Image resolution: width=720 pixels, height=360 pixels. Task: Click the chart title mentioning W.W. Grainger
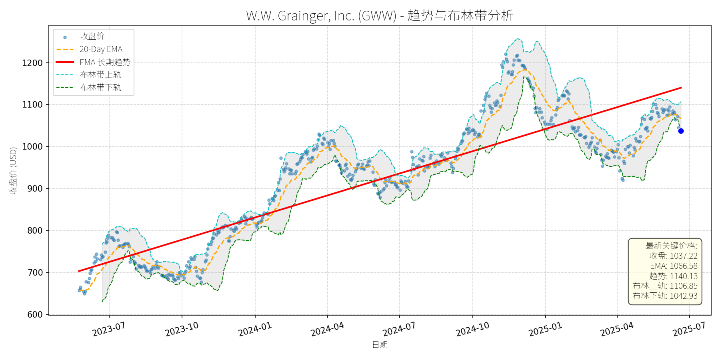(380, 16)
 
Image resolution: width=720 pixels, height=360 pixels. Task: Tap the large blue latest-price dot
(681, 131)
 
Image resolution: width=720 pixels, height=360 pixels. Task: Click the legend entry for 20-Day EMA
(101, 49)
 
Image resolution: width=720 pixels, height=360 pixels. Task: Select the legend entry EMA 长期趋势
(105, 62)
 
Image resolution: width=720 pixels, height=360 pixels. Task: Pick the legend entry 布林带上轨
(100, 75)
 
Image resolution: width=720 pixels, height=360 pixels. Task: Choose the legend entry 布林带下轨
(100, 87)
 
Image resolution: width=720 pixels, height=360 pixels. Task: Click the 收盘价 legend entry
(92, 36)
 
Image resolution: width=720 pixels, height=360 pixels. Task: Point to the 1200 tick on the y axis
(32, 63)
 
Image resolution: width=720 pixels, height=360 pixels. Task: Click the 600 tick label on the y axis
(35, 314)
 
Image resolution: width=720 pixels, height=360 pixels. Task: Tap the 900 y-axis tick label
(35, 188)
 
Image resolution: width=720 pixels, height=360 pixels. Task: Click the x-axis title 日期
(380, 344)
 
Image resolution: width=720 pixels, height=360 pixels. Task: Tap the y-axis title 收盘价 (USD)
(13, 170)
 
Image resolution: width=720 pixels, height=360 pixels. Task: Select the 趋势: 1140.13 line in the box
(673, 276)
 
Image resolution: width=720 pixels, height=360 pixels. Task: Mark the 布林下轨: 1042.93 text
(665, 296)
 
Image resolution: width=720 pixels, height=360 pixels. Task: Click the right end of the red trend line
(681, 88)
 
